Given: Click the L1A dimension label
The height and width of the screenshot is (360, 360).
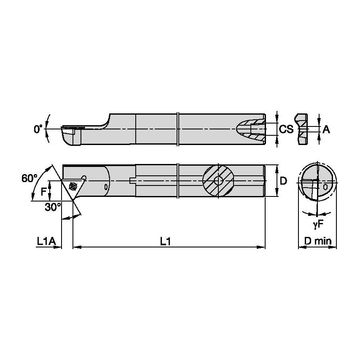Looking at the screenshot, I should [46, 241].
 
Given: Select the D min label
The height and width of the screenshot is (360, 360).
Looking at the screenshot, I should [318, 241].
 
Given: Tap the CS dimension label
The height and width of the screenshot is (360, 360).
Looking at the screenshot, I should [286, 129].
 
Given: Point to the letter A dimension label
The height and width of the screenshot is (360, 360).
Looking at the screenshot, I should [326, 130].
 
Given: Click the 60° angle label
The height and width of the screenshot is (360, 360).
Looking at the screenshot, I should [30, 178].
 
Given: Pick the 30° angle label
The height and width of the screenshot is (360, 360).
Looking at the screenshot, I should [54, 207].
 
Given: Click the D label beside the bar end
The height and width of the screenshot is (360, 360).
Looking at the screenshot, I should [283, 181].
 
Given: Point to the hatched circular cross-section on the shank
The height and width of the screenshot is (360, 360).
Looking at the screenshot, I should [218, 181].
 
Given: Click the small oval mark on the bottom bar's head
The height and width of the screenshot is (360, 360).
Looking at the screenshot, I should [106, 185].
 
